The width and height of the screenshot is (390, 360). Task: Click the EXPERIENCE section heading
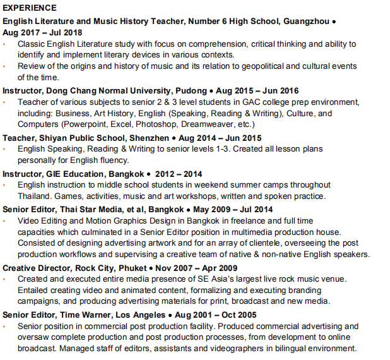(30, 8)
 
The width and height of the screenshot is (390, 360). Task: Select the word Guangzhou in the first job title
(306, 21)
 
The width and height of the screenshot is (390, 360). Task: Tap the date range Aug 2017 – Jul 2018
(42, 32)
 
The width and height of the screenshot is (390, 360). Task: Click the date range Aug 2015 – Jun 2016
(258, 90)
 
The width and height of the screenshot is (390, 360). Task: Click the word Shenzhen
(151, 137)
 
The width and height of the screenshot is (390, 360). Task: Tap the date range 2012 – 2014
(179, 173)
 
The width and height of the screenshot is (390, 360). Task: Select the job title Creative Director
(37, 267)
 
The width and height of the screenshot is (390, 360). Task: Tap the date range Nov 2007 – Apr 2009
(192, 267)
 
